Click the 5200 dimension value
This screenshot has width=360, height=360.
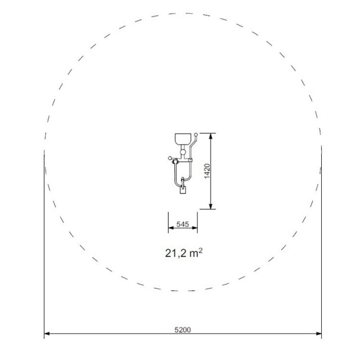[x=182, y=330]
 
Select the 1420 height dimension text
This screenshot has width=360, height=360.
[x=207, y=171]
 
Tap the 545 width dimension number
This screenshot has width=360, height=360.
[x=182, y=224]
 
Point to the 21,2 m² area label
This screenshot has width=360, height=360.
[x=184, y=253]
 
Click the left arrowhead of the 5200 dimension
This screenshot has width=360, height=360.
[x=47, y=334]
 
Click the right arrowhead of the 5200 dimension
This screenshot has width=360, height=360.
[x=319, y=334]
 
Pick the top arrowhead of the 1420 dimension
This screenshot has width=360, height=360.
[x=211, y=136]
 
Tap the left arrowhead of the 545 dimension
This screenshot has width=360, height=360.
[x=171, y=228]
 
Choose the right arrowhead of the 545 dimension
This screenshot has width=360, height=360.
[x=195, y=228]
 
